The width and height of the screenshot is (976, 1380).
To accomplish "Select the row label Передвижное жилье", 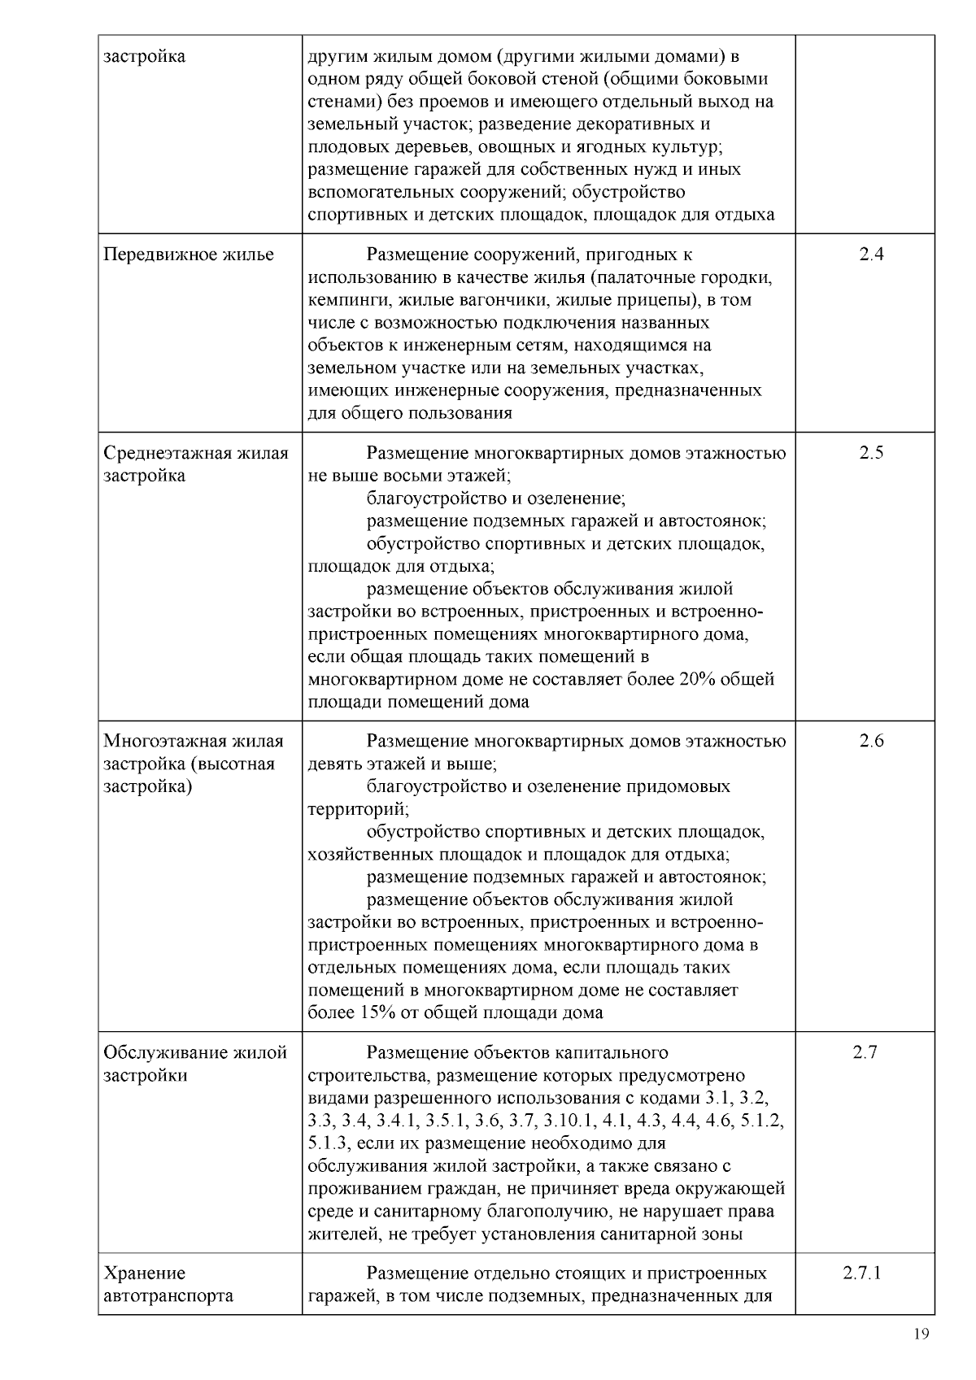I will point(189,255).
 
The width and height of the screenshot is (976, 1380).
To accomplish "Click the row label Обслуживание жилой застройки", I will point(195,1064).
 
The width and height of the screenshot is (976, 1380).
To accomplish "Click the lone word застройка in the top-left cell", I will point(145,57).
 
